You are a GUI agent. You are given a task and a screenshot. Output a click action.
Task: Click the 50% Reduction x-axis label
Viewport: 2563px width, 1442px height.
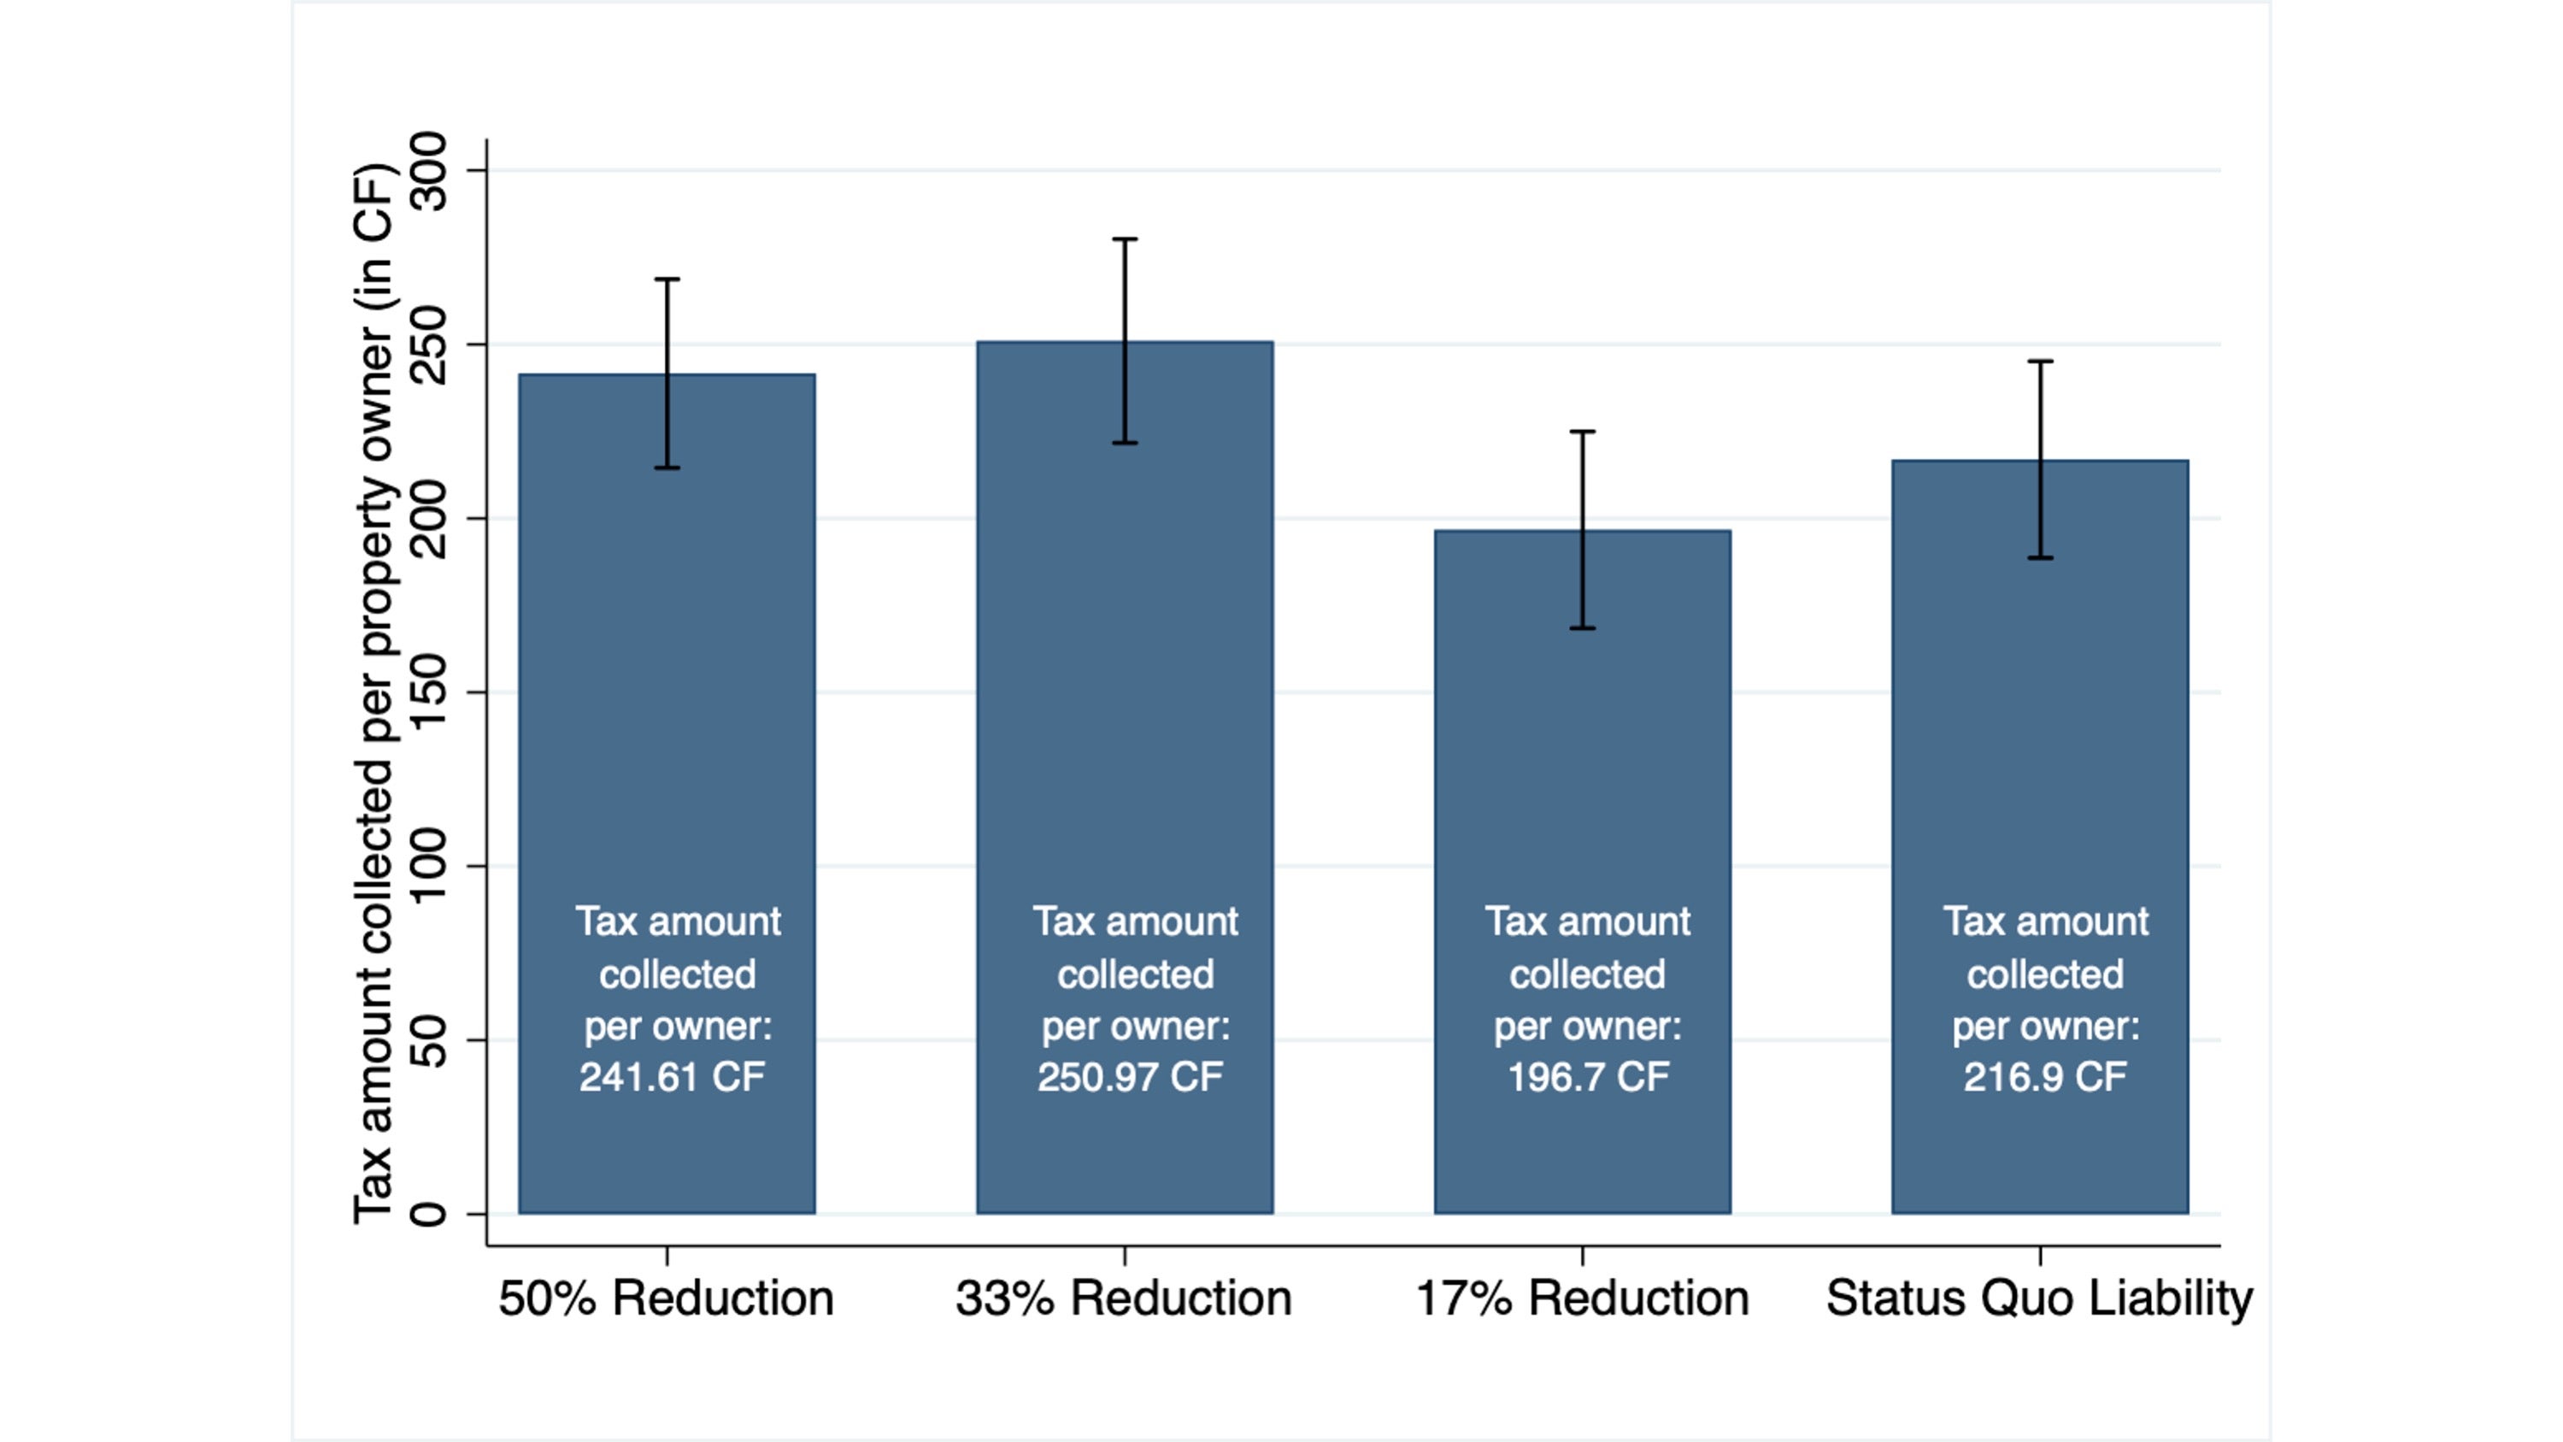coord(666,1298)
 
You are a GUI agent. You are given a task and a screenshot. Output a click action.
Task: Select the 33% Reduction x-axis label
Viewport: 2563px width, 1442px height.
coord(1123,1298)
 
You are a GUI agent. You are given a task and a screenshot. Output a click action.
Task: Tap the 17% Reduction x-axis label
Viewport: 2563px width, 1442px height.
coord(1582,1298)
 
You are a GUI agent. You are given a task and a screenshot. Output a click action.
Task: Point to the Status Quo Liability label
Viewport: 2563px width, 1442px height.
coord(2038,1298)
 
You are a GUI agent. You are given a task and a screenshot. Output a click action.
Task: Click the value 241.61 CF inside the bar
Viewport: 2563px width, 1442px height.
coord(673,1077)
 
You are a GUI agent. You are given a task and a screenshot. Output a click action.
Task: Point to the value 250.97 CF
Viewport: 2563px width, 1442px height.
coord(1131,1077)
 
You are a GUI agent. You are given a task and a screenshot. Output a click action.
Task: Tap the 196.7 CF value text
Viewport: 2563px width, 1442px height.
coord(1588,1077)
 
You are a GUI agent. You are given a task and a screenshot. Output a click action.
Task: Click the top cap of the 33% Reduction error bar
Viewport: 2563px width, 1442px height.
coord(1125,240)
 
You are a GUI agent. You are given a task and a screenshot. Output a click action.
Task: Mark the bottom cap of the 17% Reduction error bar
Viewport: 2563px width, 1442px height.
coord(1582,628)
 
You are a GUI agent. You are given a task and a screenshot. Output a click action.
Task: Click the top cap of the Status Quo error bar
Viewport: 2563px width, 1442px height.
coord(2040,362)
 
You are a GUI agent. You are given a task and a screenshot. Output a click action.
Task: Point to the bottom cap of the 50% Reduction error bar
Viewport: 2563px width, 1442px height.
coord(667,468)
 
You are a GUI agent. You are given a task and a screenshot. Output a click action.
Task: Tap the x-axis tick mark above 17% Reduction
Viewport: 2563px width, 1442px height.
coord(1582,1255)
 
